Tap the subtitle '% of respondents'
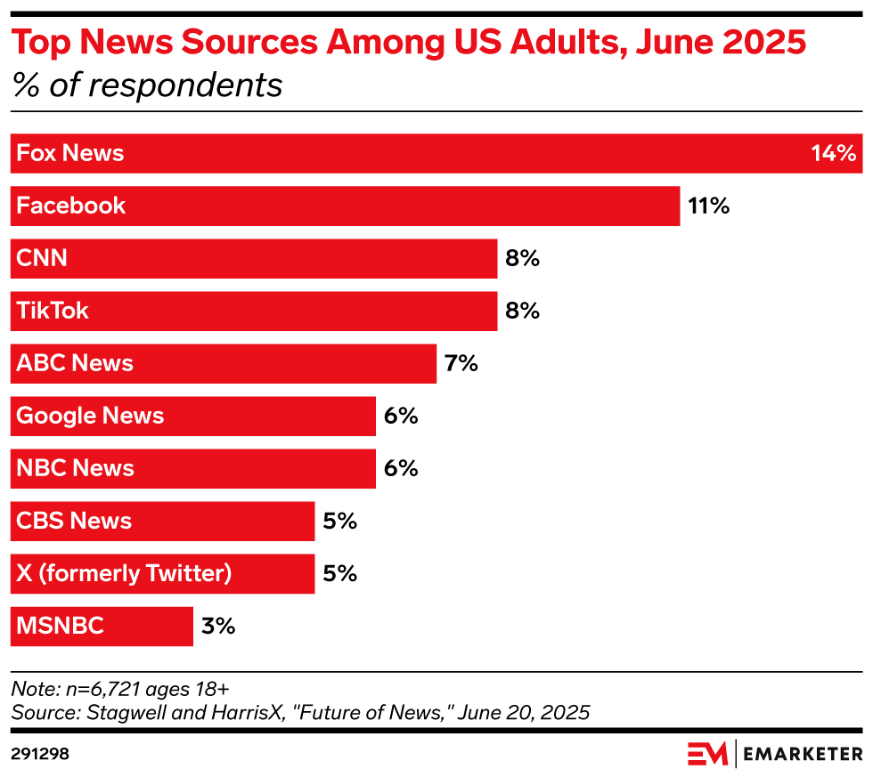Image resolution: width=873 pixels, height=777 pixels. click(x=147, y=86)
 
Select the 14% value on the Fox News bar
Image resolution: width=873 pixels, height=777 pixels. click(x=833, y=154)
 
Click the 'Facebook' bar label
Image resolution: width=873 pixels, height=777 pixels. click(x=71, y=206)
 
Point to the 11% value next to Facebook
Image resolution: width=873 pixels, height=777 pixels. click(x=708, y=206)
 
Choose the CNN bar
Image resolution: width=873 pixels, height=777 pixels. click(x=254, y=259)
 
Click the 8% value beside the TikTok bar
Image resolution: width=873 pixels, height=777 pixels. click(x=523, y=312)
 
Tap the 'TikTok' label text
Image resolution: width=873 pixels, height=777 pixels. click(x=53, y=312)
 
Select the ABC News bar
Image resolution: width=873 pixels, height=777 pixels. click(x=224, y=363)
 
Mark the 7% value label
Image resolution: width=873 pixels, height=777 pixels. click(x=461, y=363)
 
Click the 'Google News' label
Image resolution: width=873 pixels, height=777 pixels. click(x=90, y=416)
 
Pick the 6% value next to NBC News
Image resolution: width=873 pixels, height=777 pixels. click(x=401, y=468)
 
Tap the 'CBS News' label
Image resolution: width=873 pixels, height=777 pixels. click(x=74, y=521)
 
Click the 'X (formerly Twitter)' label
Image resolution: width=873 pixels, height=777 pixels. click(x=124, y=573)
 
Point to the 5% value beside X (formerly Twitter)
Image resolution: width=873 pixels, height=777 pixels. click(x=339, y=573)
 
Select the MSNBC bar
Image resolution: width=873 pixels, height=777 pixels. click(x=102, y=626)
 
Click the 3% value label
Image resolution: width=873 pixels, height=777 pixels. click(x=218, y=626)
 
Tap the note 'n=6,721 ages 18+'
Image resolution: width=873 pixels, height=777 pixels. click(x=120, y=689)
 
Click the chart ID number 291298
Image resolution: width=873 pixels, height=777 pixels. click(x=40, y=754)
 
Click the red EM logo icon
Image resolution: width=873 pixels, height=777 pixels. click(x=707, y=754)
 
